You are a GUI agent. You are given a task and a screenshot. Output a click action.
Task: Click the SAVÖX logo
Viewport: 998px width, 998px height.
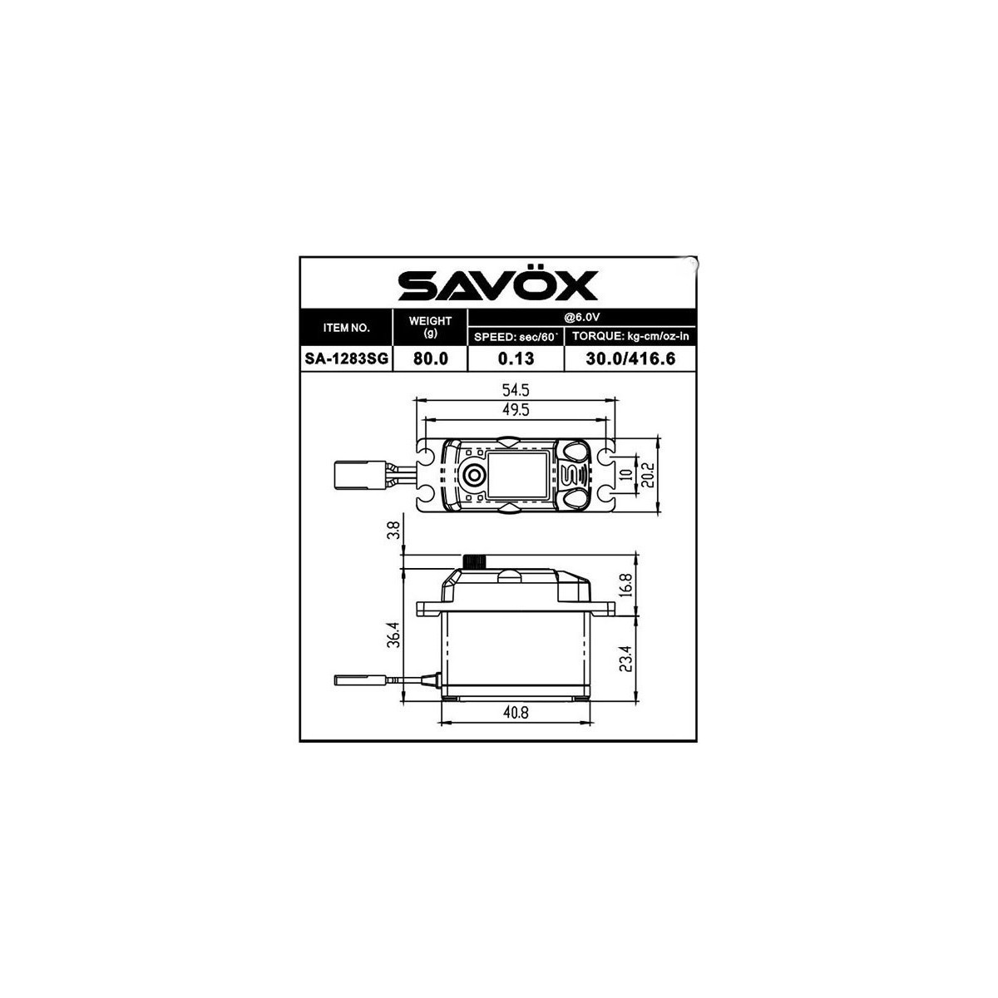pos(497,284)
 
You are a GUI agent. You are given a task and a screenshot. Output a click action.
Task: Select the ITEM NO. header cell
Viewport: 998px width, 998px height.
pos(346,328)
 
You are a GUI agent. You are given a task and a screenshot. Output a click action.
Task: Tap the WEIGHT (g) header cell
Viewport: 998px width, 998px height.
pos(430,327)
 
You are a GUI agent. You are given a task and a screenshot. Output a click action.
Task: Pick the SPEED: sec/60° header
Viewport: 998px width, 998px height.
pos(516,337)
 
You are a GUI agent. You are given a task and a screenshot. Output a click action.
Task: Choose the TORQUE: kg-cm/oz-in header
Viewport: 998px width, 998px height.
pos(630,337)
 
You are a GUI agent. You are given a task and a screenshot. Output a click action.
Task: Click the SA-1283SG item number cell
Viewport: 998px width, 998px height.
pos(346,358)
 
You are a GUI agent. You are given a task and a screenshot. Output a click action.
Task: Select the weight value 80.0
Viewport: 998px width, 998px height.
pos(430,358)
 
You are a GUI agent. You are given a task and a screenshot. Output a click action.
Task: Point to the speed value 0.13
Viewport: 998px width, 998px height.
pos(516,358)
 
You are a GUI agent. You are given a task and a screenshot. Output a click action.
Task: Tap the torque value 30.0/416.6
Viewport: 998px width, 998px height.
pos(630,358)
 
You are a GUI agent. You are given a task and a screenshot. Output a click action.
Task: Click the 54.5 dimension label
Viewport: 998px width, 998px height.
pos(516,389)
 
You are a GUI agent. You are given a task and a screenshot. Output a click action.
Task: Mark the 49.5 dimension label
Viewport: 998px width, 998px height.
pos(516,409)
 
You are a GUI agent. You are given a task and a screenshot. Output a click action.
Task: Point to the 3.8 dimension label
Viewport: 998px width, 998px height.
pos(395,531)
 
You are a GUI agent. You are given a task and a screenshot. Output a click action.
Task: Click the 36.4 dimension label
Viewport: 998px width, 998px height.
pos(395,636)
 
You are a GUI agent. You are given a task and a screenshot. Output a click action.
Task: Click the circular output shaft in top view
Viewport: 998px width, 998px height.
pos(473,475)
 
